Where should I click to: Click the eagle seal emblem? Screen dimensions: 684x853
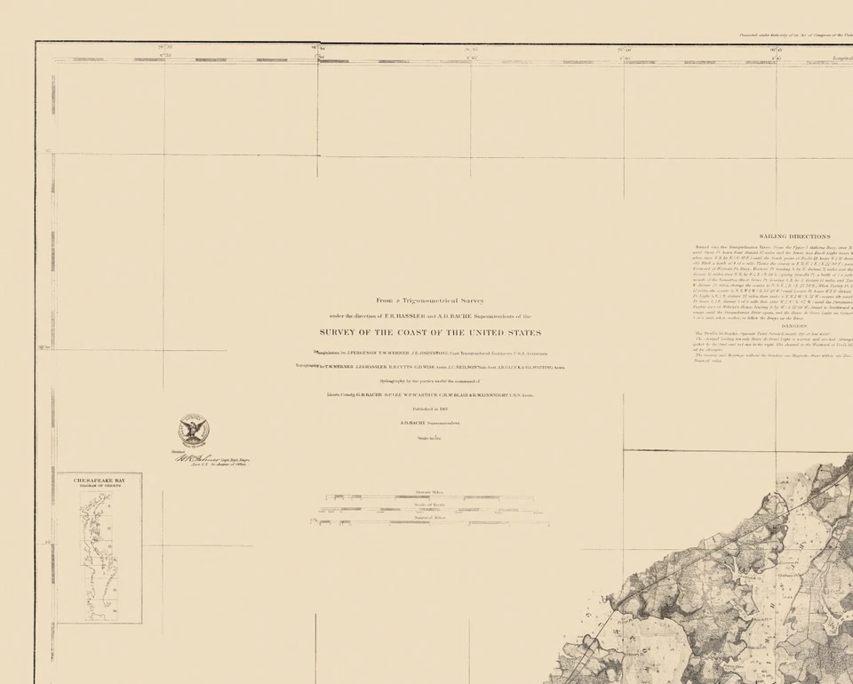pos(193,430)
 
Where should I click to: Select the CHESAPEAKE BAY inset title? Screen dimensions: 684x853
pos(107,480)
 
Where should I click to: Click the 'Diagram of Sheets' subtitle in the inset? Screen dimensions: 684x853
pos(107,486)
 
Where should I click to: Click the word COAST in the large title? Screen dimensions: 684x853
pos(412,333)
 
